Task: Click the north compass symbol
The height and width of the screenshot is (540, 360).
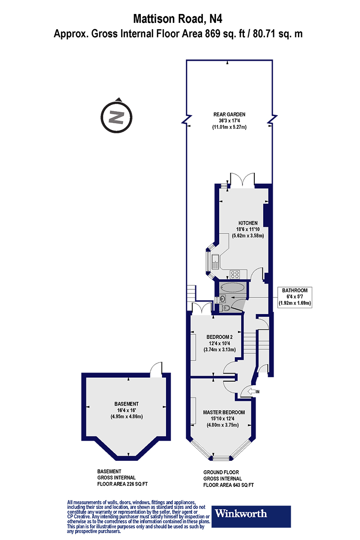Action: tap(117, 116)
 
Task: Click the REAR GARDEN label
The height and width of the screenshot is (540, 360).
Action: tap(229, 114)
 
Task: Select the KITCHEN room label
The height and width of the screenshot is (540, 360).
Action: tap(247, 223)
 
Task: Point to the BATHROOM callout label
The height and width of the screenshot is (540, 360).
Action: tap(295, 290)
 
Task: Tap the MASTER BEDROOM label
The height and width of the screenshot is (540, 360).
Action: tap(224, 412)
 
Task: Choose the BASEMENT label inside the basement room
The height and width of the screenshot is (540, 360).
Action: tap(126, 404)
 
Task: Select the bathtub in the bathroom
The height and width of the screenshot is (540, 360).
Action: tap(232, 287)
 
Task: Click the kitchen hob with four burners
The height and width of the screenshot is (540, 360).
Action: tap(235, 273)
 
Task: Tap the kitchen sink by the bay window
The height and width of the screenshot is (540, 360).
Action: tap(216, 261)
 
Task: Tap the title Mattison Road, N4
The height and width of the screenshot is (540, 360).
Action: tap(178, 19)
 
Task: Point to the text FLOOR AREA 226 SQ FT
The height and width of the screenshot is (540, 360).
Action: tap(122, 485)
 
